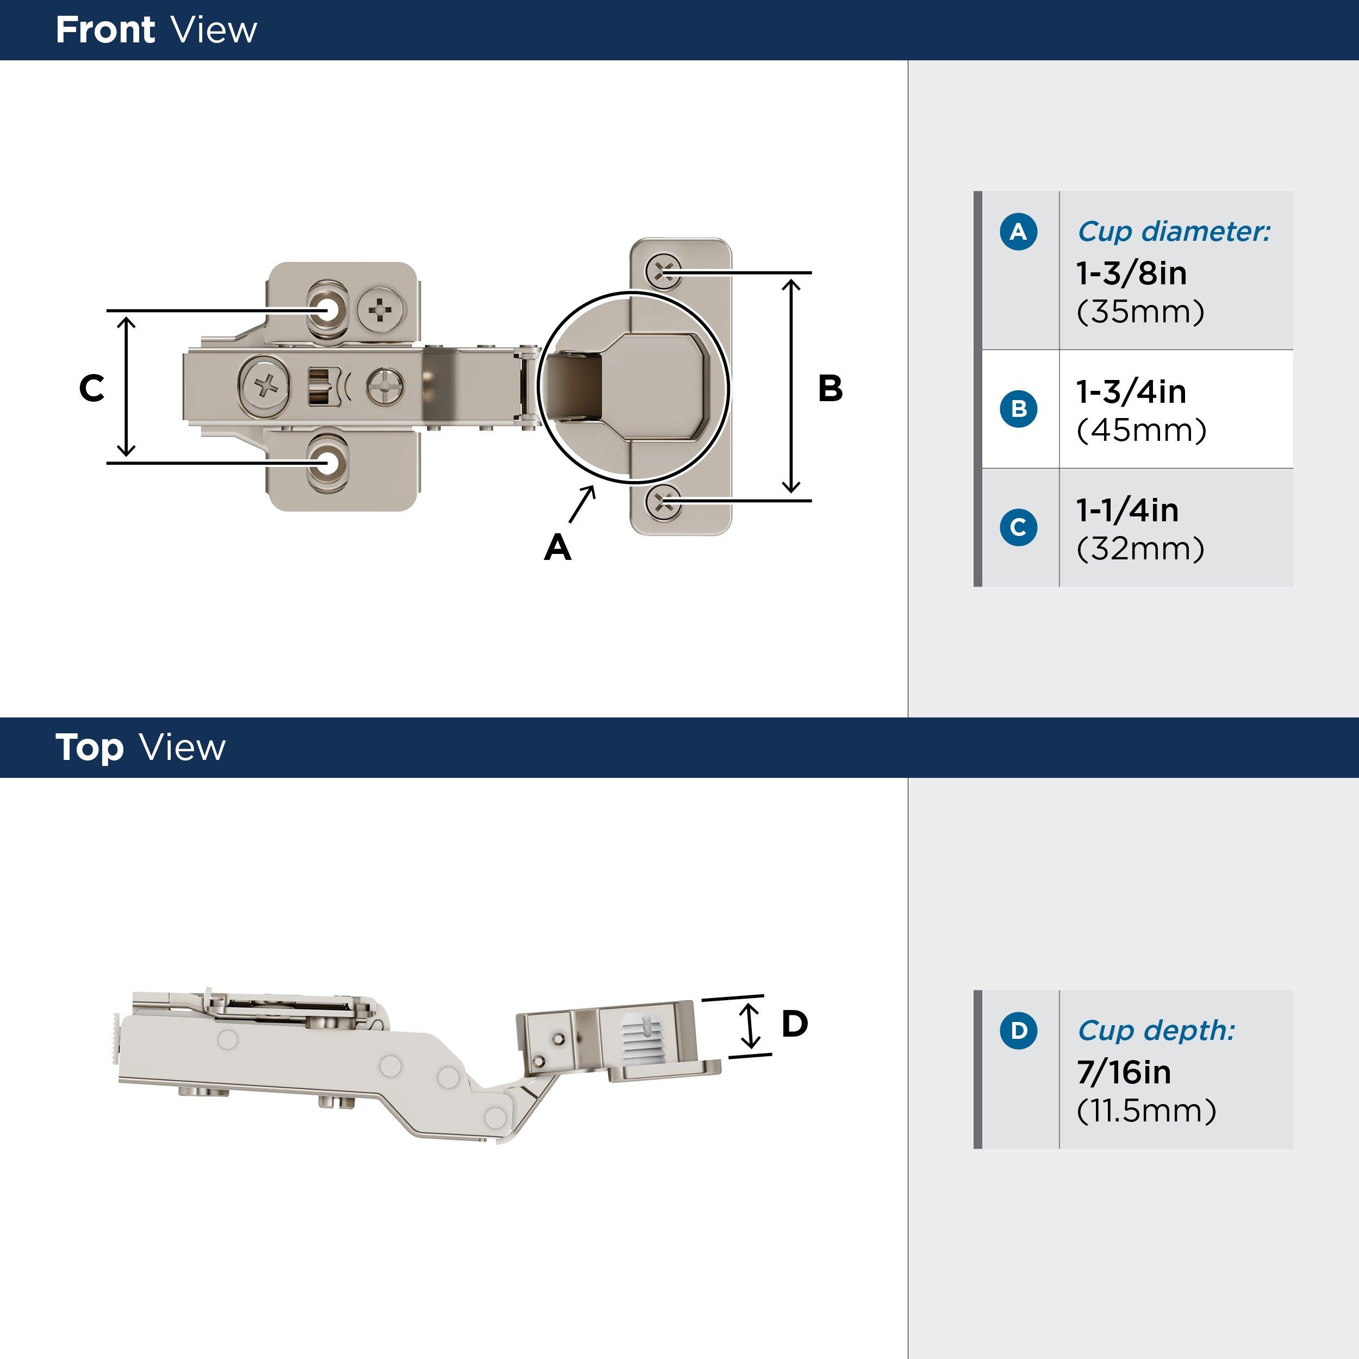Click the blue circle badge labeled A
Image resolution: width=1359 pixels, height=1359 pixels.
coord(1018,232)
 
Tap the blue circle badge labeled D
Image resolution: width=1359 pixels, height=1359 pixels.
coord(1018,1031)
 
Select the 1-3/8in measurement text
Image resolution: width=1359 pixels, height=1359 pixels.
coord(1131,273)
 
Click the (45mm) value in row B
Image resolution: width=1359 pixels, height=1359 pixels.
coord(1141,430)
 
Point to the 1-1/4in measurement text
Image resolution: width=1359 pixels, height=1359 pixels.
coord(1127,510)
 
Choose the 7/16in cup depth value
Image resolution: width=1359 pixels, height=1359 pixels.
coord(1124,1072)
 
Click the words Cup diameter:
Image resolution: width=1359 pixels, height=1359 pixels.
coord(1173,232)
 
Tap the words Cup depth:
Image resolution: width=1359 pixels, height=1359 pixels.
coord(1156,1031)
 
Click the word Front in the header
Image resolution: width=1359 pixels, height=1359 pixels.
coord(105,30)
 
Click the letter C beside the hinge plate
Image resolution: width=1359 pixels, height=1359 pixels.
coord(91,388)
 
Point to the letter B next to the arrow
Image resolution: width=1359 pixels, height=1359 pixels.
coord(830,388)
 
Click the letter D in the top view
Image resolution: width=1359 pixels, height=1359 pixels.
coord(794,1024)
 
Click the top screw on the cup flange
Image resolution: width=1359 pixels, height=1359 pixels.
coord(663,271)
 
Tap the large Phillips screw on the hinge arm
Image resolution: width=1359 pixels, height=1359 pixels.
coord(265,386)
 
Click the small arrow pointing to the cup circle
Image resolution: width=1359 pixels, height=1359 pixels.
coord(582,504)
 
